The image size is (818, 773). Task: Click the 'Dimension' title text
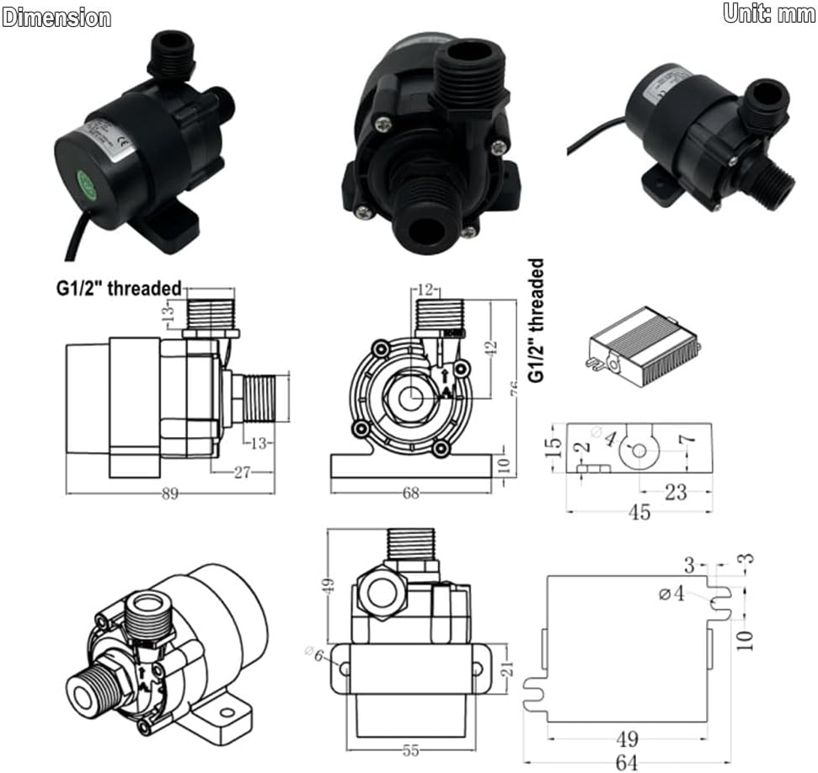point(56,18)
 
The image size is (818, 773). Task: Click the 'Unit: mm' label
point(768,14)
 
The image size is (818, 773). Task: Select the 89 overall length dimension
point(170,494)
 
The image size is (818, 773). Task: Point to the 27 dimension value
point(242,473)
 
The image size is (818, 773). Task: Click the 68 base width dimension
point(410,493)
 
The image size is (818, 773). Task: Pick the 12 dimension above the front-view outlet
point(427,291)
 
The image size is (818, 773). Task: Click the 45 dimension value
point(639,512)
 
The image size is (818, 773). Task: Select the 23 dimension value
point(676,492)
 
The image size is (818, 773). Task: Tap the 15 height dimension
point(552,446)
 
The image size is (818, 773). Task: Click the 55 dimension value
point(412,748)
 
